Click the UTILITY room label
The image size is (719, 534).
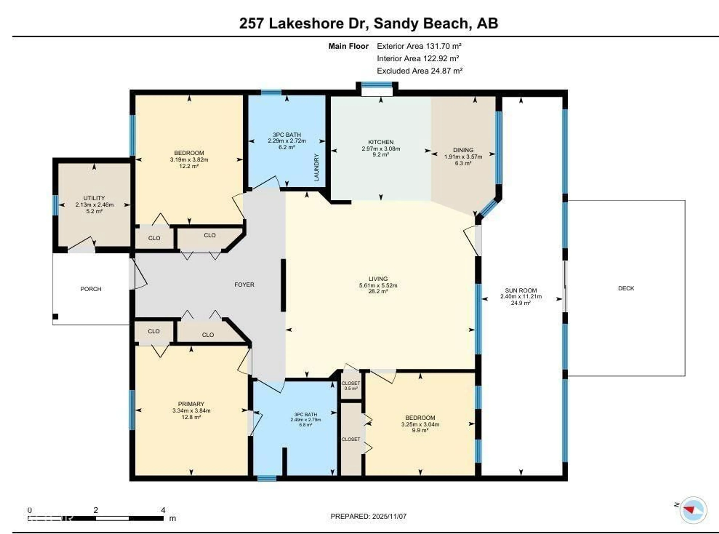[94, 198]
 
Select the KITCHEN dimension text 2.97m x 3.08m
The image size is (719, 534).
[381, 149]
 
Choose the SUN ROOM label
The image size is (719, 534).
[521, 290]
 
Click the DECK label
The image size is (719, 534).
[626, 288]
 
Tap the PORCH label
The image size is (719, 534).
[91, 289]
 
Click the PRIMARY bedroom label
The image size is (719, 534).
[191, 404]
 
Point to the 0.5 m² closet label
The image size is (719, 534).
[351, 388]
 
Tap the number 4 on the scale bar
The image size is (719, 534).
[163, 510]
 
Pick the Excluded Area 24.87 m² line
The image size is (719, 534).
[420, 71]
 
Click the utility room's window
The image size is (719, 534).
[56, 205]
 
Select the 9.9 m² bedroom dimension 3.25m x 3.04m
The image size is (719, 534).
[420, 424]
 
